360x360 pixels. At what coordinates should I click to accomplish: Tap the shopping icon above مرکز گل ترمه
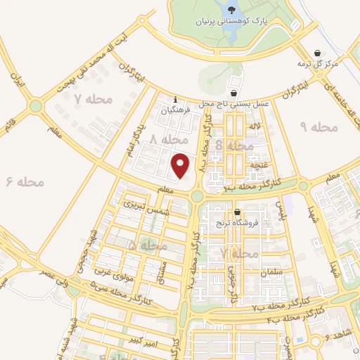pos(318,53)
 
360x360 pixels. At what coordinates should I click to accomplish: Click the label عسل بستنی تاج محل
pos(235,103)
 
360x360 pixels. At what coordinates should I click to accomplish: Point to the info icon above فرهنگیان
pos(174,99)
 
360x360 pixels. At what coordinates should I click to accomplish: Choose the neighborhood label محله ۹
pos(319,127)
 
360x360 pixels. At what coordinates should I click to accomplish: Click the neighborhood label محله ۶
pos(25,181)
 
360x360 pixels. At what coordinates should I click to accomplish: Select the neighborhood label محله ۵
pos(148,245)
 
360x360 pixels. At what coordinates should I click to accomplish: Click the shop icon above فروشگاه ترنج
pos(238,212)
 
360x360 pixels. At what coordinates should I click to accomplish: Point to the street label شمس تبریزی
pos(147,207)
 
